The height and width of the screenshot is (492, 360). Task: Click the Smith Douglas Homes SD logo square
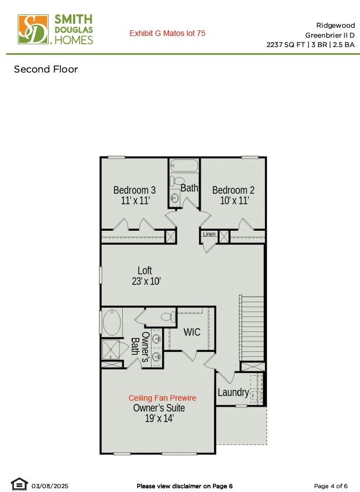[33, 29]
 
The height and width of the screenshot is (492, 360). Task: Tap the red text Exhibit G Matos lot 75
[168, 33]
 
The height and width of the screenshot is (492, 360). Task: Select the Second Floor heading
[46, 69]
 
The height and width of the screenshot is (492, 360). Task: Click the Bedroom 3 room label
[134, 190]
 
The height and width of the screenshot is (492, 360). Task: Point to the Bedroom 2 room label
[233, 190]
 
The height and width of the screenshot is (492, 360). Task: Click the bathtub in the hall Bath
[184, 165]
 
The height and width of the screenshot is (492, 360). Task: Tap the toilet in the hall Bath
[177, 181]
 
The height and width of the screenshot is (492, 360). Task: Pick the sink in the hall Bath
[175, 198]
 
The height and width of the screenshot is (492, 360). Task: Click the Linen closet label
[209, 234]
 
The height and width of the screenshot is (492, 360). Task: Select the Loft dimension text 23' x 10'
[146, 281]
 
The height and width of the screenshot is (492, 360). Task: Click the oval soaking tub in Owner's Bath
[112, 322]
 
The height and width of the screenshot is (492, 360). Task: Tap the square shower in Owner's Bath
[111, 349]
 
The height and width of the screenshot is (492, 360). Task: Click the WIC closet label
[191, 332]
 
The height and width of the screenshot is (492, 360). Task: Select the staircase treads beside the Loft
[252, 328]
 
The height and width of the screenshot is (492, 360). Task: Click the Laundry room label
[233, 392]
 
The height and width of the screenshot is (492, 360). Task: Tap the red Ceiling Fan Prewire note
[163, 398]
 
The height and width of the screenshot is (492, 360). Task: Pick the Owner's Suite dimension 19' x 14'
[159, 418]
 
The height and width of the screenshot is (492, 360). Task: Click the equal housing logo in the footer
[19, 484]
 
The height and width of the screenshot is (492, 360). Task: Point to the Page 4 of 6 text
[331, 486]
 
